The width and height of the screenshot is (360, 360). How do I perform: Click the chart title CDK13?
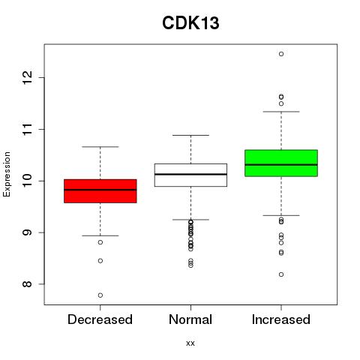[x=190, y=22]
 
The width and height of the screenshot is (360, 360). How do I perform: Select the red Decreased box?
[x=100, y=191]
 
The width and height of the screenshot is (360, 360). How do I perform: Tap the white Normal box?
[x=190, y=175]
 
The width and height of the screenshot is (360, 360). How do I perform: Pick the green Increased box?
[x=281, y=163]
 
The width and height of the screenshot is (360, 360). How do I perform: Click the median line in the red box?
[x=100, y=190]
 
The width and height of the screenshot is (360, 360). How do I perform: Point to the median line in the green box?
[x=281, y=164]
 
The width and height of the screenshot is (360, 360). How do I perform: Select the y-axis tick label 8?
[x=28, y=284]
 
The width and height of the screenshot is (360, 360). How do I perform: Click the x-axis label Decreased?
[x=100, y=319]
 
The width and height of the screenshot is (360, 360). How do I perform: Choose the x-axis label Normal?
[x=190, y=319]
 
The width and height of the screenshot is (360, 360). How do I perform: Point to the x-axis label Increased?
[x=281, y=319]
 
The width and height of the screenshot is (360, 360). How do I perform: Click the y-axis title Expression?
[x=7, y=174]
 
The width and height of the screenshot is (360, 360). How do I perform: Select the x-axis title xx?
[x=190, y=343]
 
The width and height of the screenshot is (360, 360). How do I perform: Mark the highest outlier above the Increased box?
[x=281, y=54]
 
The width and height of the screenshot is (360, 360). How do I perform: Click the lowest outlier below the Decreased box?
[x=100, y=295]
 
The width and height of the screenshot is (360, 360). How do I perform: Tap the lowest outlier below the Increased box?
[x=281, y=274]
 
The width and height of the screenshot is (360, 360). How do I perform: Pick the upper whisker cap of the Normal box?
[x=190, y=135]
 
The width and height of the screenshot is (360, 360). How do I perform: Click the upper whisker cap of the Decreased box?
[x=100, y=147]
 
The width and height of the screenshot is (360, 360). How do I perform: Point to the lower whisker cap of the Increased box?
[x=281, y=215]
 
